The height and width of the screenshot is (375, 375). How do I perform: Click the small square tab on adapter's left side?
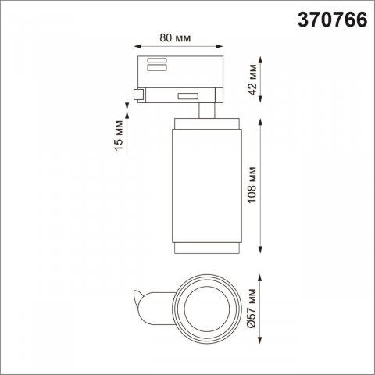137,95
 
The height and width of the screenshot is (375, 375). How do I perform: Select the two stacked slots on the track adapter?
153,64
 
